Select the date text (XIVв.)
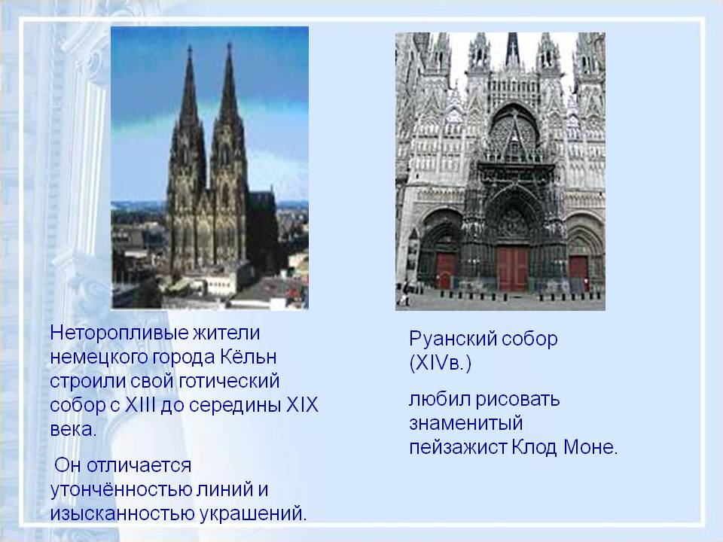[x=440, y=364]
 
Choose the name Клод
[x=534, y=447]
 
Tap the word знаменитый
[x=465, y=422]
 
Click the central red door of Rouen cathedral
[x=512, y=269]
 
